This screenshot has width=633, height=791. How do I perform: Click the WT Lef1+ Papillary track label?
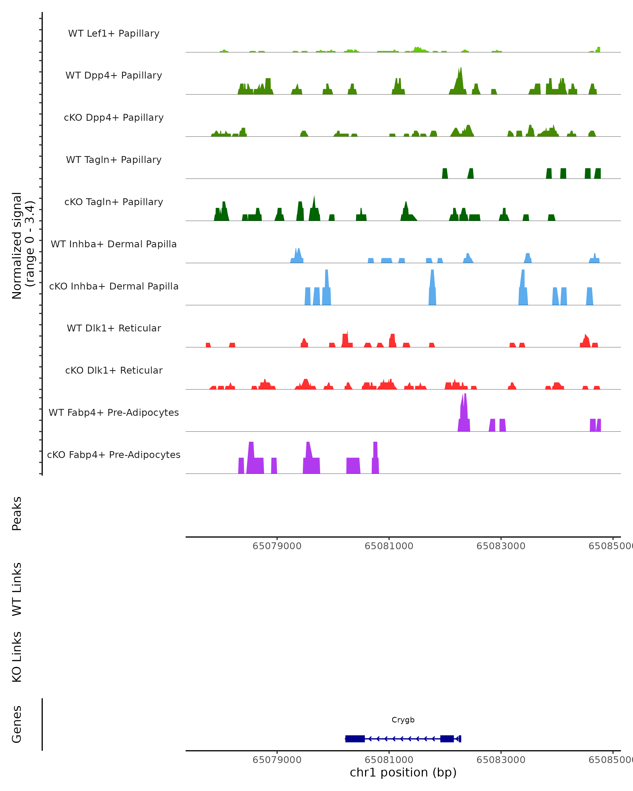click(x=114, y=33)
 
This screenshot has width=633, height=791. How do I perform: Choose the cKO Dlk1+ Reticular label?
click(x=114, y=370)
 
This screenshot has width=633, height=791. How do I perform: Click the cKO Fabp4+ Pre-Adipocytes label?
click(x=114, y=455)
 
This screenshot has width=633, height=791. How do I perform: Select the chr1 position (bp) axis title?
click(x=403, y=772)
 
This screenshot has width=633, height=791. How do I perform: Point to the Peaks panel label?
click(x=17, y=513)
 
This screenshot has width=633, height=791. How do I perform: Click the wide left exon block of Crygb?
click(x=355, y=739)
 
